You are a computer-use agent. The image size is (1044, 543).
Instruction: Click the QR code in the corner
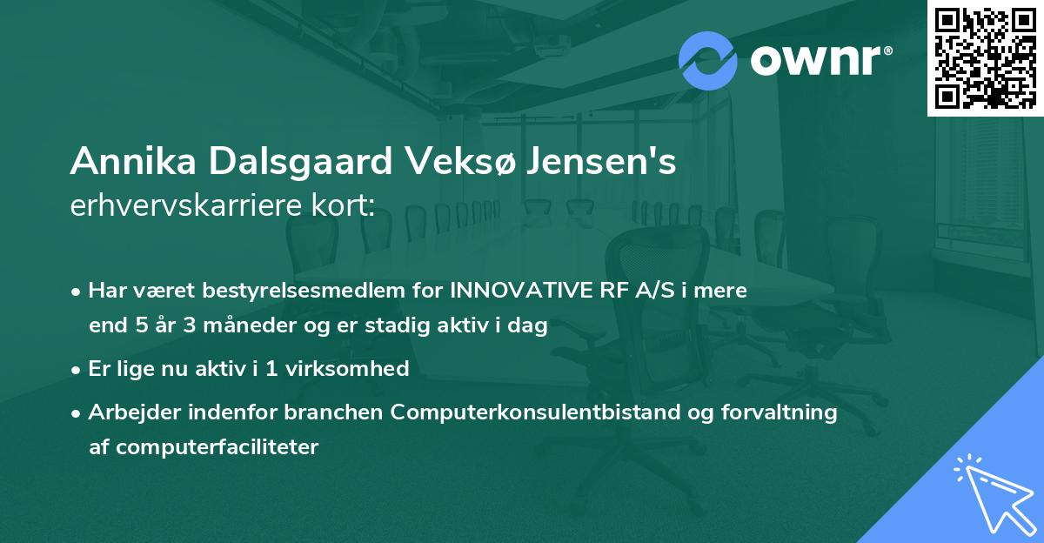coord(986,57)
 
